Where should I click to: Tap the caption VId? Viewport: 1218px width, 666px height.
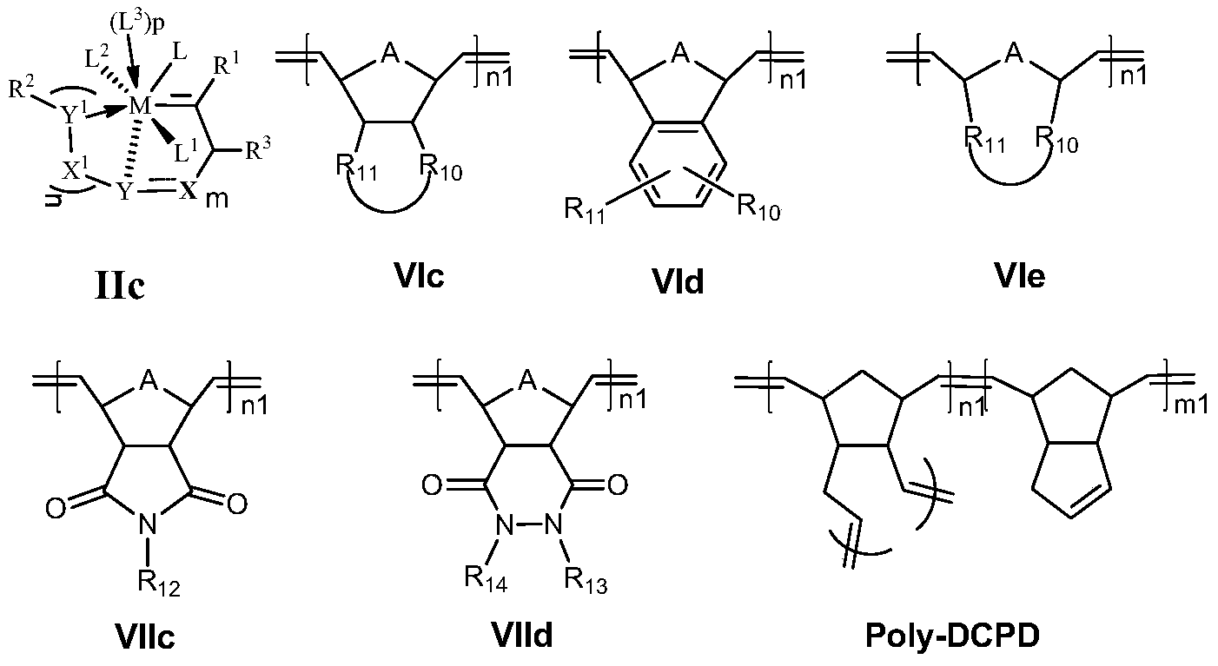click(x=680, y=280)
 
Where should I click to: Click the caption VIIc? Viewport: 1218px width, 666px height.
click(x=144, y=636)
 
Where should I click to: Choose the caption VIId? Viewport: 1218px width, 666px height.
click(x=521, y=636)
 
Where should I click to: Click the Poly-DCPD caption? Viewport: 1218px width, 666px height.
click(x=952, y=636)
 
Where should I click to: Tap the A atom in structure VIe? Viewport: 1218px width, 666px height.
click(x=1011, y=56)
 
